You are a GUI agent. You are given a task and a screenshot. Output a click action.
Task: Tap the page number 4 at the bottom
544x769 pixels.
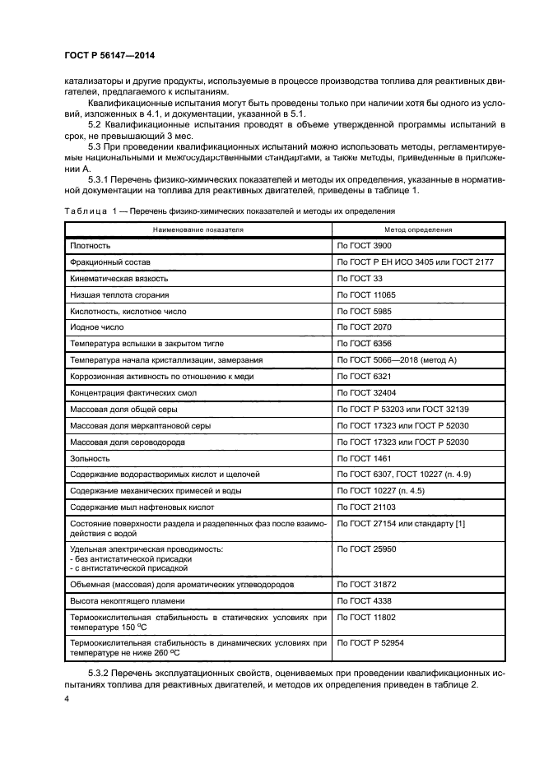point(67,698)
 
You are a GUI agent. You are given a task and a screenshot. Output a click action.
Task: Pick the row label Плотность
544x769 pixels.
point(91,245)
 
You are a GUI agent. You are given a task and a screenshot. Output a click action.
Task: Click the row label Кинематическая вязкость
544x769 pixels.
point(121,278)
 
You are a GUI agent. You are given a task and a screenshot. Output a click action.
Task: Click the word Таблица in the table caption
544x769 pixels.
point(86,211)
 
